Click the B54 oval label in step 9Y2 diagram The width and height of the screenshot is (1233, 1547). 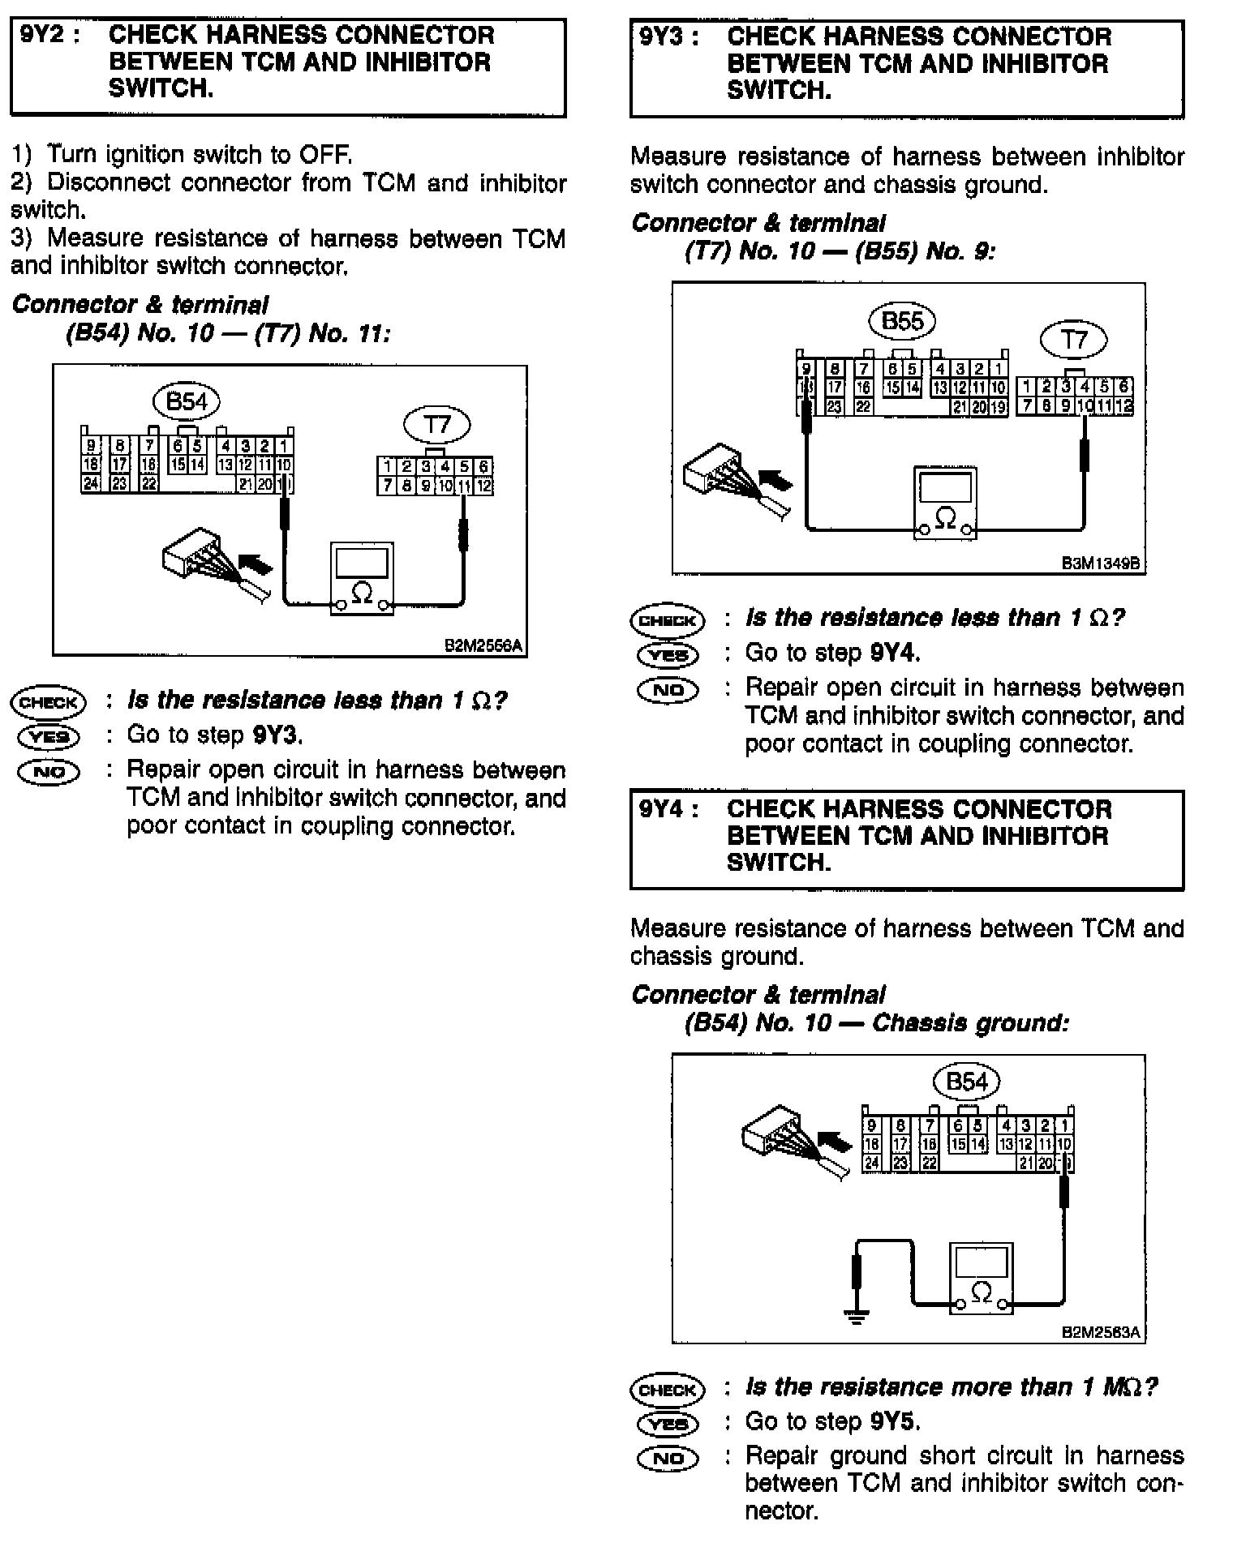[187, 401]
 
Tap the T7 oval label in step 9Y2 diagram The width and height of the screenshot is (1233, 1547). [437, 424]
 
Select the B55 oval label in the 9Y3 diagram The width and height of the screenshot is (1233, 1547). [902, 321]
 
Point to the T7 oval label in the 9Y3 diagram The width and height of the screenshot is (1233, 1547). [1074, 339]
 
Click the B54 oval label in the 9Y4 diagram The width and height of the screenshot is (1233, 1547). [967, 1081]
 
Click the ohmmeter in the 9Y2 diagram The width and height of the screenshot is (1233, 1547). [362, 579]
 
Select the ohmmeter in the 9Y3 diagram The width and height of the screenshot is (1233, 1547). [945, 503]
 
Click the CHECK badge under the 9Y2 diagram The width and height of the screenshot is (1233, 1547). [48, 702]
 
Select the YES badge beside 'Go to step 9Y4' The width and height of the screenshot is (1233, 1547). [668, 654]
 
